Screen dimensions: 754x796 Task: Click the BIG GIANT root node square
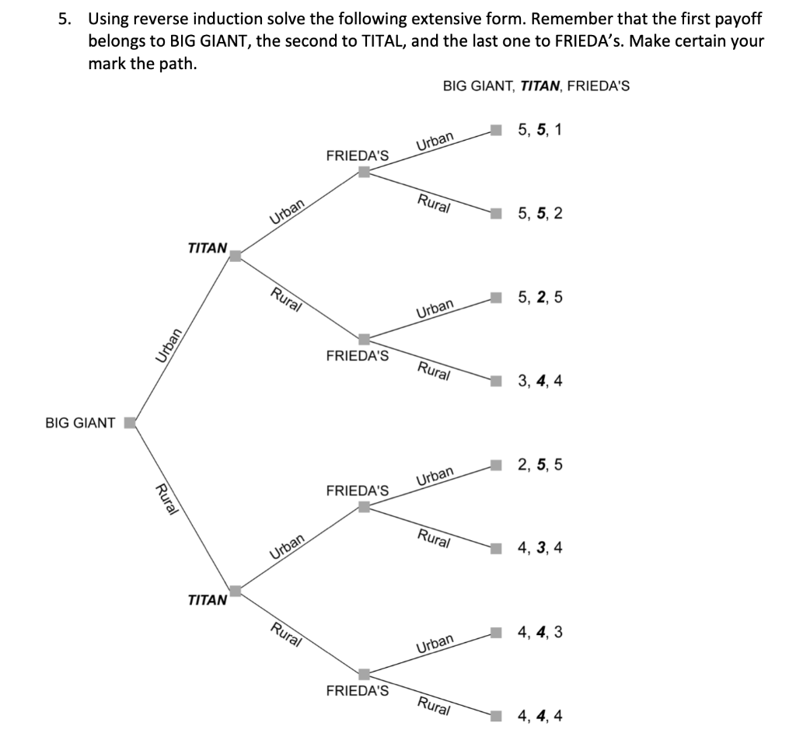tap(131, 423)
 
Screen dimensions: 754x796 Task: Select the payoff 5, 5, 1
tap(539, 130)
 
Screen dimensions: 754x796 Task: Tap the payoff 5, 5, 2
tap(539, 214)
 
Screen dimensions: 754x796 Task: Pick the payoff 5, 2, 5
tap(539, 297)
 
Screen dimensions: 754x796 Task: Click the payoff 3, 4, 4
tap(539, 381)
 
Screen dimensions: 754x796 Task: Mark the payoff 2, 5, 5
tap(539, 465)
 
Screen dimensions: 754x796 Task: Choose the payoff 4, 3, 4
tap(539, 548)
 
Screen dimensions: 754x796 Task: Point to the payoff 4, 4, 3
tap(539, 632)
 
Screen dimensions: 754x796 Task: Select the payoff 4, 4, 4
tap(539, 715)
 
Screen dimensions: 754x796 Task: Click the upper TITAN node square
tap(236, 255)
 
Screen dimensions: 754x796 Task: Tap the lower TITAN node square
tap(236, 591)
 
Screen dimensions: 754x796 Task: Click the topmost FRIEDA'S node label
tap(357, 155)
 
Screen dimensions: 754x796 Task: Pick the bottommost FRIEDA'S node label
tap(357, 690)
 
